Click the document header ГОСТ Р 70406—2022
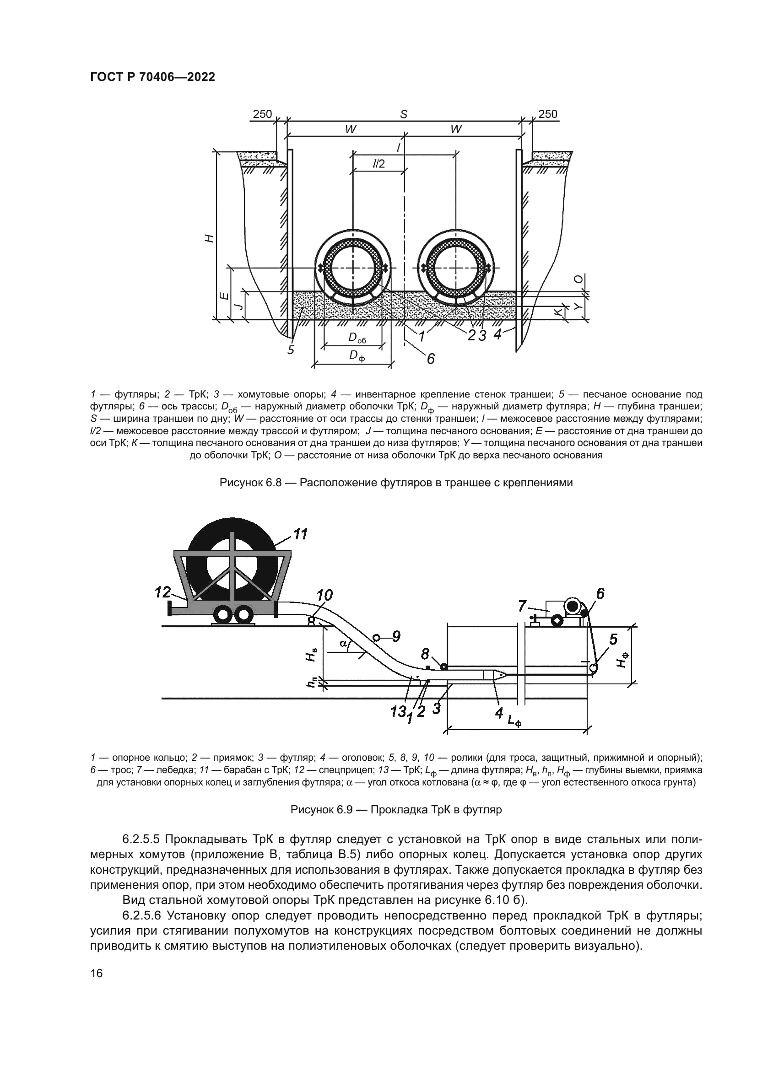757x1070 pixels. point(152,77)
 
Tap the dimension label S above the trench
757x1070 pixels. point(404,114)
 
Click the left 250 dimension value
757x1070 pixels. point(262,114)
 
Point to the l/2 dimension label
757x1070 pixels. point(379,164)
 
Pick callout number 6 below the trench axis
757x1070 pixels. point(430,358)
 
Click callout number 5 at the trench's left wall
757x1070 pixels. point(291,349)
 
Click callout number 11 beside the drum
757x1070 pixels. point(301,533)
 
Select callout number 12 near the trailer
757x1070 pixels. point(162,592)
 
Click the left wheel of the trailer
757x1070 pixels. point(223,616)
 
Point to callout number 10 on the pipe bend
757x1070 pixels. point(324,595)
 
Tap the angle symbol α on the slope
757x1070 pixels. point(343,644)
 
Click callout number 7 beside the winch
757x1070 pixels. point(522,605)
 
